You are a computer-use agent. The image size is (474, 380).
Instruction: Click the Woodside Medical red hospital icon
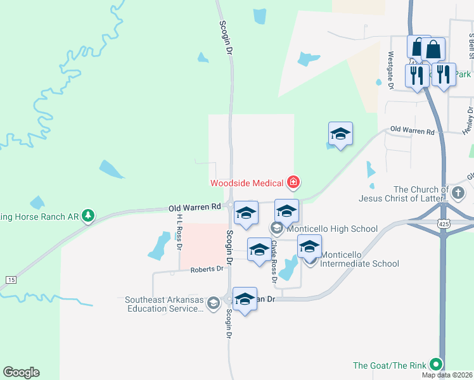coord(293,183)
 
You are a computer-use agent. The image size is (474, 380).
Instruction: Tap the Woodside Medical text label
coord(247,183)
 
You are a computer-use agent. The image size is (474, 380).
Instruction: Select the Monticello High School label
coord(331,229)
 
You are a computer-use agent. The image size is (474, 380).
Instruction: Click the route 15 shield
coord(10,279)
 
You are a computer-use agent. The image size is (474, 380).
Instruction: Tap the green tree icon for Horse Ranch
coord(88,216)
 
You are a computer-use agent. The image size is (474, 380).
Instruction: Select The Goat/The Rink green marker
coord(435,364)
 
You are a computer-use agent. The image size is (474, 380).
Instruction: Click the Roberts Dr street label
coord(207,269)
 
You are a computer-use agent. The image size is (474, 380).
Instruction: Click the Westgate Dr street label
coord(390,70)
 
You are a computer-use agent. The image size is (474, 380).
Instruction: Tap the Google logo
coord(21,372)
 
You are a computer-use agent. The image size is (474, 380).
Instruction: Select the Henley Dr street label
coord(469,120)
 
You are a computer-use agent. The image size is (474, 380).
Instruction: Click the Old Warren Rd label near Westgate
coord(413,132)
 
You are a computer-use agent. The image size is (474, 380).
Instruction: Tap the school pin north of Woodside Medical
coord(340,134)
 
